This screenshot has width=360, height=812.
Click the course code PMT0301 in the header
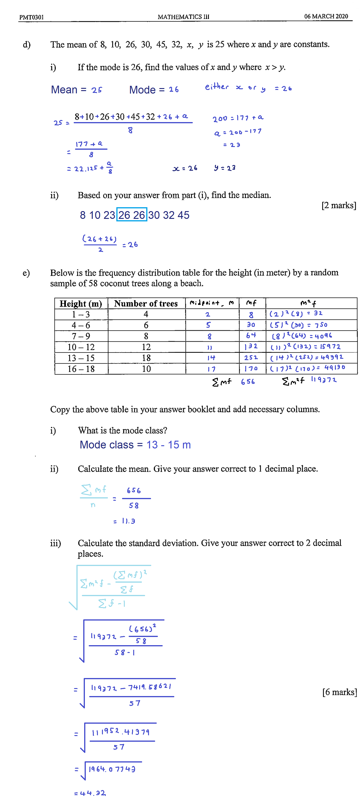tap(31, 17)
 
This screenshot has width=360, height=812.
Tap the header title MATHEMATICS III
tap(183, 17)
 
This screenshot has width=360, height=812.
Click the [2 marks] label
tap(339, 205)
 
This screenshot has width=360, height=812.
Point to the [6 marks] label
tap(339, 692)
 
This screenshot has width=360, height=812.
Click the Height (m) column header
tap(81, 303)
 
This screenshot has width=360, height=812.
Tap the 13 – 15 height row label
tap(81, 358)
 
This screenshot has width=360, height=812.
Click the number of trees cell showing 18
tap(146, 358)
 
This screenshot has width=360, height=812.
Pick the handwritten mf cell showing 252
tap(251, 357)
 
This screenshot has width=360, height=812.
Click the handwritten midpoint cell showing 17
tap(211, 369)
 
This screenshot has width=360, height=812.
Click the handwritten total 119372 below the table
tap(324, 380)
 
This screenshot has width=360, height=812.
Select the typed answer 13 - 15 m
tap(168, 445)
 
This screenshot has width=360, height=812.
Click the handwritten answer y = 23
tap(224, 168)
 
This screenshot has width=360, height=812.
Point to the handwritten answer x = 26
tap(185, 168)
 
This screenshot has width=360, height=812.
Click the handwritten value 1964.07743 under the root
tap(112, 769)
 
